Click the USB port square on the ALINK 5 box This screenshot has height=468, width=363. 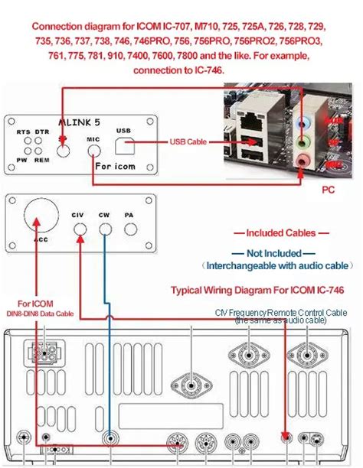click(x=124, y=143)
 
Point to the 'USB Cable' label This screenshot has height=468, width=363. click(x=188, y=141)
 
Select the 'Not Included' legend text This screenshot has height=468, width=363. click(x=275, y=252)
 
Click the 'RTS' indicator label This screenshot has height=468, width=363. click(x=24, y=132)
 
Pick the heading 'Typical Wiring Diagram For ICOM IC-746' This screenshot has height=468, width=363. click(x=256, y=291)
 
